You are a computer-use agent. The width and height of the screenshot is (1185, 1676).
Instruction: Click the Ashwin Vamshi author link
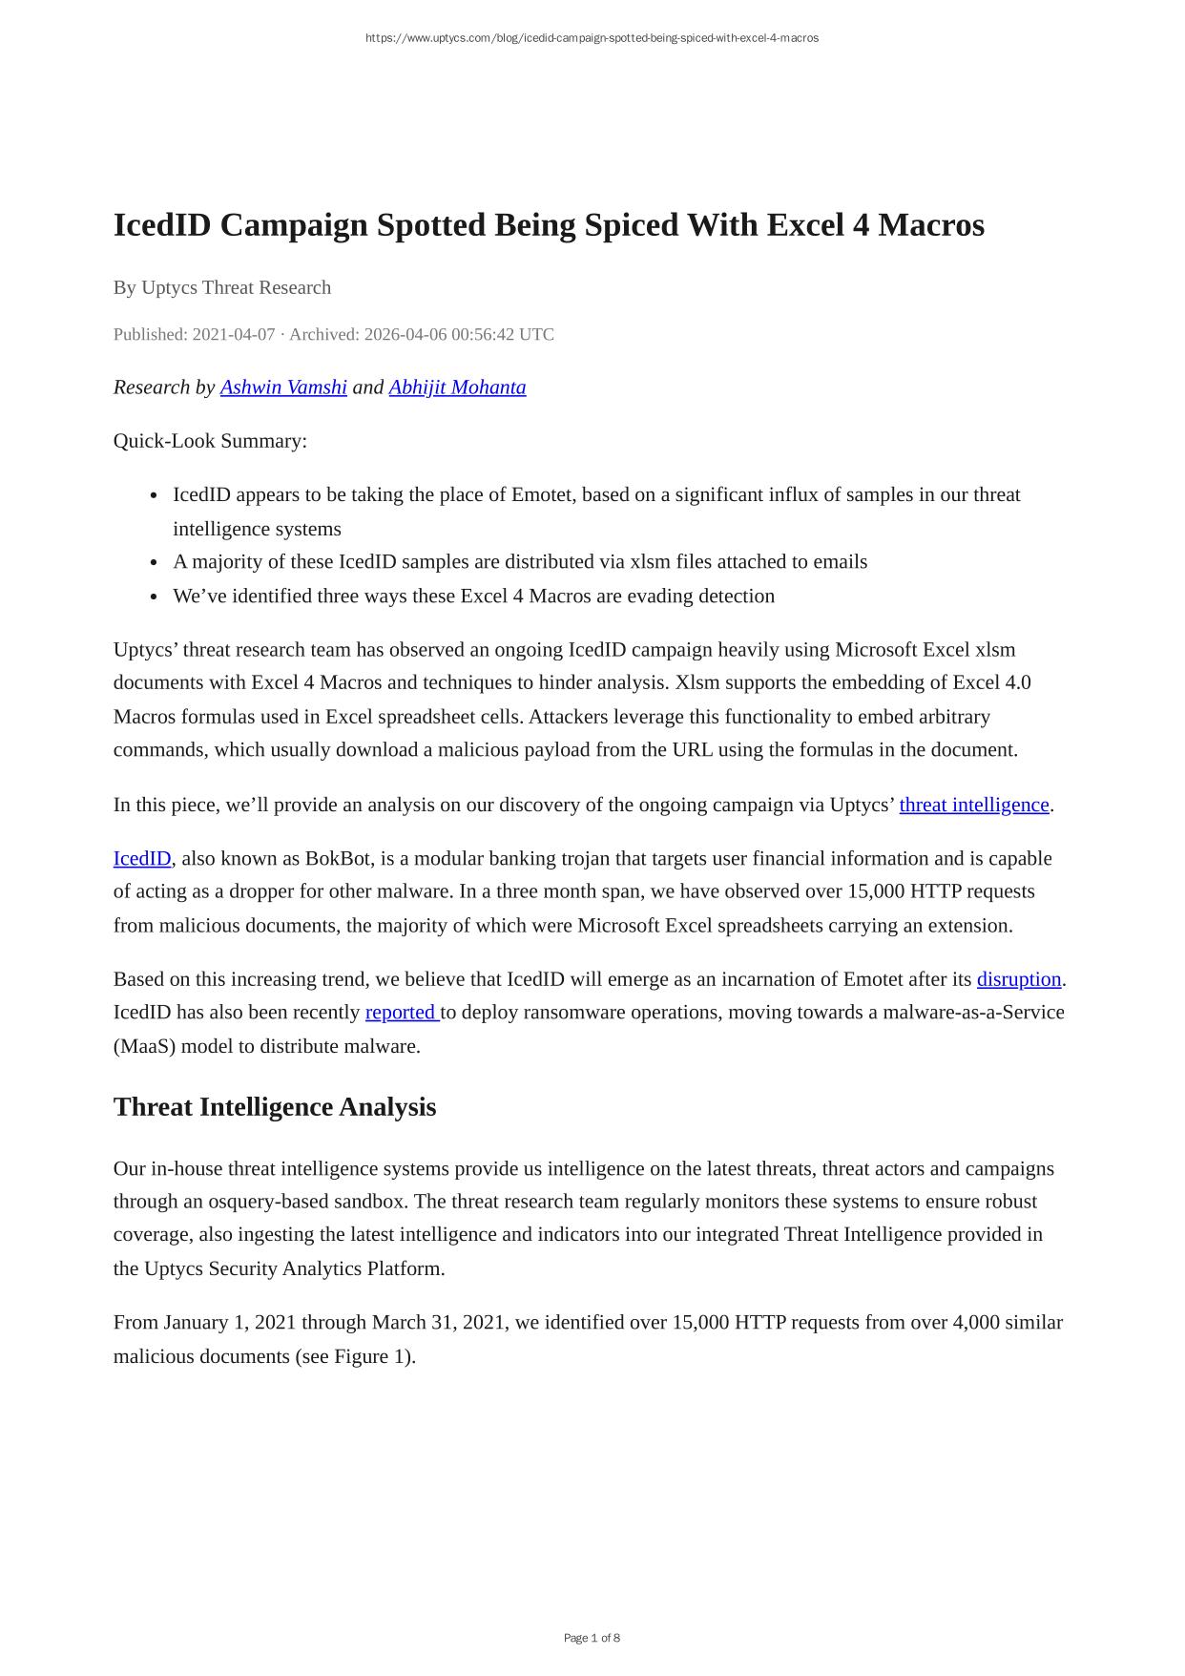(x=283, y=388)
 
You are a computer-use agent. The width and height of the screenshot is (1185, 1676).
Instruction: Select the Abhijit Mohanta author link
(x=457, y=388)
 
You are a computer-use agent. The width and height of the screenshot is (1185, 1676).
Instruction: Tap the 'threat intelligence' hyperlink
(x=973, y=805)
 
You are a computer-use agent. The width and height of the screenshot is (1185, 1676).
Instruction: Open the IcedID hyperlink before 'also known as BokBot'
(x=142, y=858)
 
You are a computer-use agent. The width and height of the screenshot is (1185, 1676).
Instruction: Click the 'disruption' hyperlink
(x=1018, y=979)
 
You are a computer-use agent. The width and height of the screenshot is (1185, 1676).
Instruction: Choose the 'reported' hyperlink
(x=401, y=1012)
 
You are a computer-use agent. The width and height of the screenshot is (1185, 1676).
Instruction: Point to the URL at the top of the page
(x=592, y=38)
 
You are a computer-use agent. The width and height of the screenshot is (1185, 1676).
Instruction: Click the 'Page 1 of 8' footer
(x=592, y=1638)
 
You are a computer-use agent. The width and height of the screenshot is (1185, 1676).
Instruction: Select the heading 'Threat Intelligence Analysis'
(x=275, y=1107)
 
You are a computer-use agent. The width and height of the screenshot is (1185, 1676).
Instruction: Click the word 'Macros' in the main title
(x=930, y=225)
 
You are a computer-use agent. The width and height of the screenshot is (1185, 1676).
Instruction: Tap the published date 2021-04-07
(x=234, y=334)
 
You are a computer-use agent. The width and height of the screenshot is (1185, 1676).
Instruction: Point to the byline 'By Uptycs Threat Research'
(x=222, y=287)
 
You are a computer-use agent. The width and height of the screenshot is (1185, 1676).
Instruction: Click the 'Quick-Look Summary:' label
(x=210, y=441)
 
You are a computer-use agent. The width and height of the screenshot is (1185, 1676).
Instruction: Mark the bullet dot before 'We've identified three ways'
(x=154, y=597)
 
